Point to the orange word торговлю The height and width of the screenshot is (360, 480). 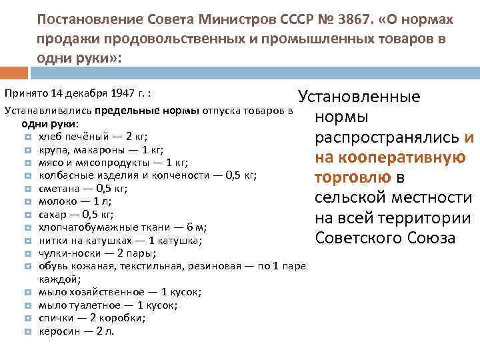[x=353, y=178]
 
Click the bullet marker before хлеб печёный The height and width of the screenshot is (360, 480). [x=27, y=136]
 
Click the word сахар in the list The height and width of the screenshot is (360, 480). [x=52, y=213]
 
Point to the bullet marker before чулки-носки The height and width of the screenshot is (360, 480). [x=27, y=253]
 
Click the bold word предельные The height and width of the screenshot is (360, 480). [x=126, y=111]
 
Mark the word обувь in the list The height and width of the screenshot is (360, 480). [x=52, y=265]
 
